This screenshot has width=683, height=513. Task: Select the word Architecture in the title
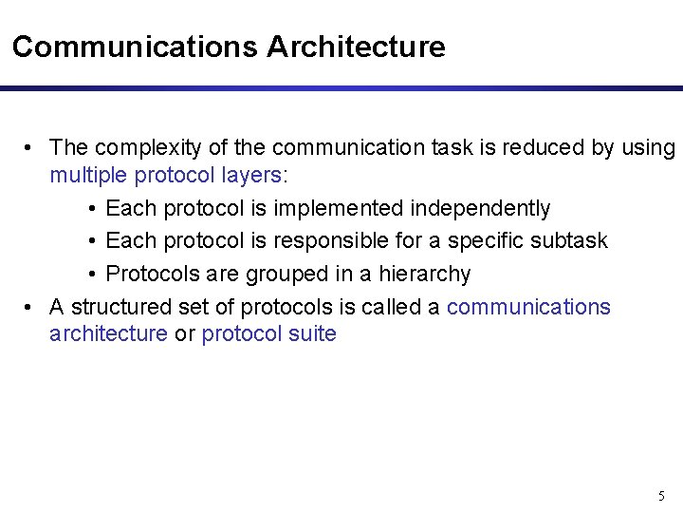pos(356,47)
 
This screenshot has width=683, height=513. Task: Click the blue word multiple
pos(88,175)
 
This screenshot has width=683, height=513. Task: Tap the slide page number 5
pos(661,496)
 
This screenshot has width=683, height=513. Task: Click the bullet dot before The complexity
pos(31,148)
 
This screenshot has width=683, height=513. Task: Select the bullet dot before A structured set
pos(31,307)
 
